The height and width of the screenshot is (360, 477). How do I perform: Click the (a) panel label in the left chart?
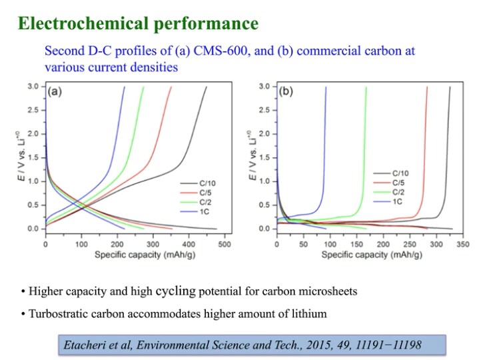coord(55,92)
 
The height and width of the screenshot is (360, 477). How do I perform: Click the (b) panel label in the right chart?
coord(286,92)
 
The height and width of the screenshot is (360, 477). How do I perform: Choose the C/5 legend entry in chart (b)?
coord(403,181)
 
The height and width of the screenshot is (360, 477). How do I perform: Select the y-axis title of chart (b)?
coord(252,157)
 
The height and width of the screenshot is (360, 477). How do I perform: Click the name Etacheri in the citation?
coord(83,345)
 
